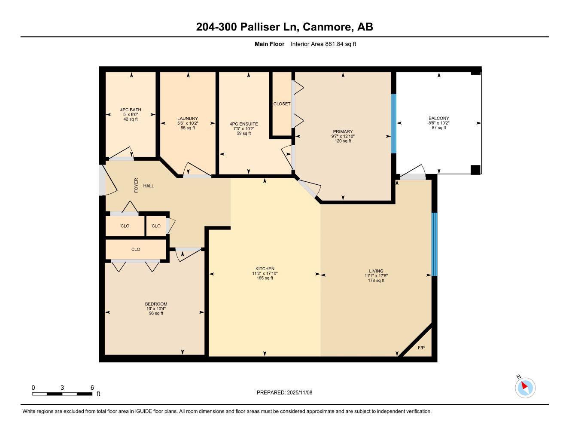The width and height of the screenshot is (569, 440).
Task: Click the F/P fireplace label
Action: coord(421,348)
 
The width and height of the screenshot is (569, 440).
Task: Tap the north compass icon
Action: coord(525,387)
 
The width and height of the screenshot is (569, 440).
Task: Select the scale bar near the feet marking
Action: coord(62,394)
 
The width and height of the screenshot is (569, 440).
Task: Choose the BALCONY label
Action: coord(438,119)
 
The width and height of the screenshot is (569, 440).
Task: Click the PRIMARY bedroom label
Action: coord(342,132)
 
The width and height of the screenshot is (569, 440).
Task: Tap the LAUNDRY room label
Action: coord(188,119)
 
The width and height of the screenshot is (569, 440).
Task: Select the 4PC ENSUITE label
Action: coord(243,124)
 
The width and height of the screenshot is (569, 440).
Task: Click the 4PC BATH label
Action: coord(131,110)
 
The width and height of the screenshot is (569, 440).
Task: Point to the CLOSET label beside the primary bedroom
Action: coord(282,104)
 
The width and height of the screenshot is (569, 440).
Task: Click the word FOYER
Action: coord(137,185)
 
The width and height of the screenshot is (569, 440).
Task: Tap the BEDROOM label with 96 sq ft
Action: coord(156,304)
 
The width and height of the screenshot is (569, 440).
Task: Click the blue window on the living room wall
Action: coord(434,244)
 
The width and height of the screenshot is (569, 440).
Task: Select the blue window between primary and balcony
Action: coord(393,124)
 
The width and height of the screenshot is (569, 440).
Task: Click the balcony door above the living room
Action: coord(413,176)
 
